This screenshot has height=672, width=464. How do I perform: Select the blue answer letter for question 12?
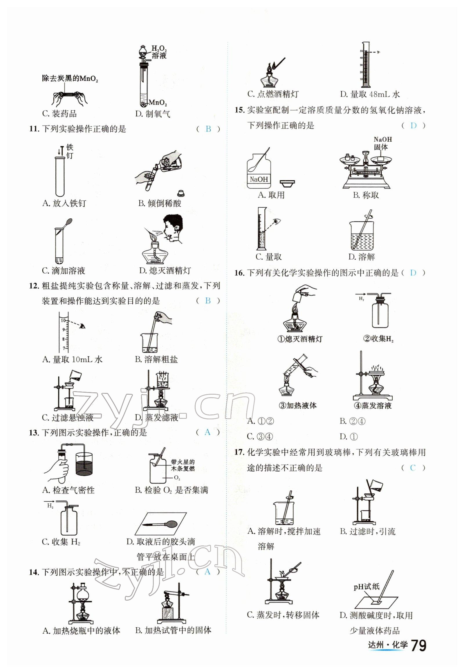(208, 301)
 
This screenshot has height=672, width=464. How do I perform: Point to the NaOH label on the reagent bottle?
(259, 179)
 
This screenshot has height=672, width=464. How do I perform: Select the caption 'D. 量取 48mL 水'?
(370, 94)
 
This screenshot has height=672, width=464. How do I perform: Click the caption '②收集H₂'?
(378, 338)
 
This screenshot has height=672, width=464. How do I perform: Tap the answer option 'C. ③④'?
(260, 436)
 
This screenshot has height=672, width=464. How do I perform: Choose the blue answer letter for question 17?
(413, 468)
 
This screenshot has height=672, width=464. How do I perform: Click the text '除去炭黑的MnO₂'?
(70, 78)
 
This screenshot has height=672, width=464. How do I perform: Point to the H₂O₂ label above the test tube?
(159, 48)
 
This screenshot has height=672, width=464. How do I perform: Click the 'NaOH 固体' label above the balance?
(382, 143)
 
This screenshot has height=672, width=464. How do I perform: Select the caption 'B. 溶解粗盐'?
(156, 359)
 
